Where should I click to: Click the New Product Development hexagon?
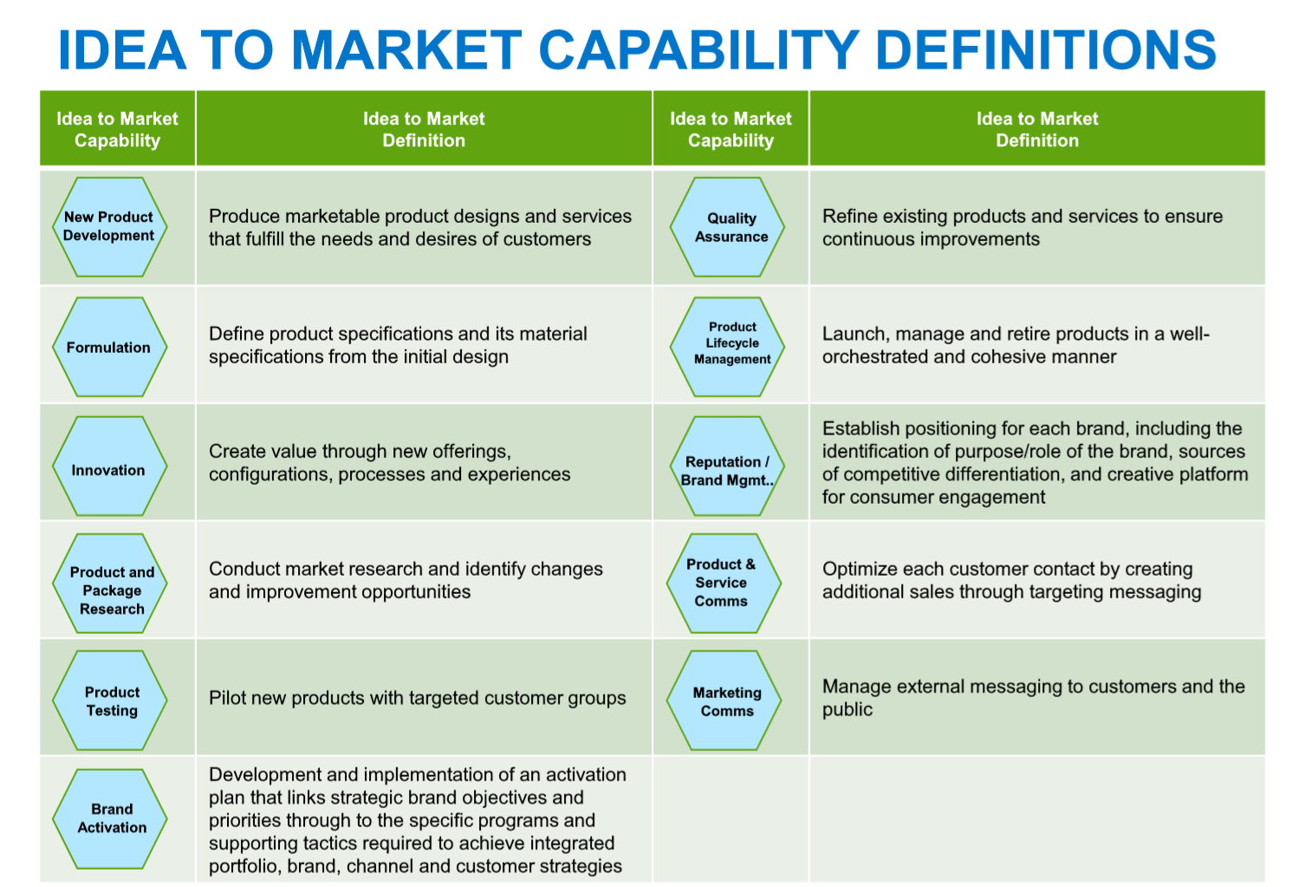(x=109, y=227)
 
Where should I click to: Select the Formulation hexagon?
(x=109, y=347)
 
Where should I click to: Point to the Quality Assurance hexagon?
(x=727, y=227)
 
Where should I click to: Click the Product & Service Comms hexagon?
(x=724, y=583)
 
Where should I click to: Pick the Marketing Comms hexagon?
(x=724, y=701)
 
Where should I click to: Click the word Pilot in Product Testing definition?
(x=224, y=698)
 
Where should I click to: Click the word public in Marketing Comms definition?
(x=847, y=709)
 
